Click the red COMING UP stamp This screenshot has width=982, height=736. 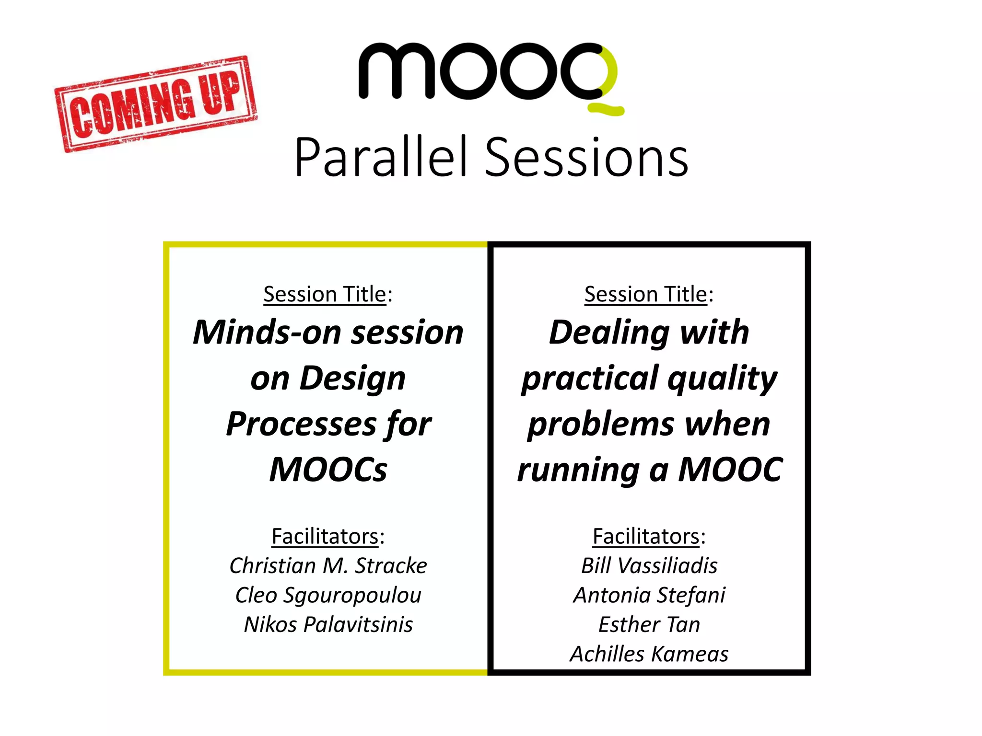tap(156, 104)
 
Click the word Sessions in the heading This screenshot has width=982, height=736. tap(587, 157)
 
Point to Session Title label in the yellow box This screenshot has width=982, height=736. tap(325, 294)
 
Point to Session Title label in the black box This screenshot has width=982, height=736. tap(646, 294)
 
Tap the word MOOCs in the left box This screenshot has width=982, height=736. tap(328, 470)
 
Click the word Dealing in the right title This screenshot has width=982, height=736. tap(609, 332)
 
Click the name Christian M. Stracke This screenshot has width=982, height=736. tap(328, 566)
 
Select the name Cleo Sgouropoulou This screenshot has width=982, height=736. tap(328, 595)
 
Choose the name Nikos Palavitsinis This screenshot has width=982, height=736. tap(328, 625)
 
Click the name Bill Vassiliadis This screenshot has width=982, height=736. tap(649, 566)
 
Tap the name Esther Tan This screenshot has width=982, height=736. tap(649, 625)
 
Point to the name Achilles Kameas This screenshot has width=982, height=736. tap(649, 654)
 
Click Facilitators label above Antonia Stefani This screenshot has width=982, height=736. tap(646, 536)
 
